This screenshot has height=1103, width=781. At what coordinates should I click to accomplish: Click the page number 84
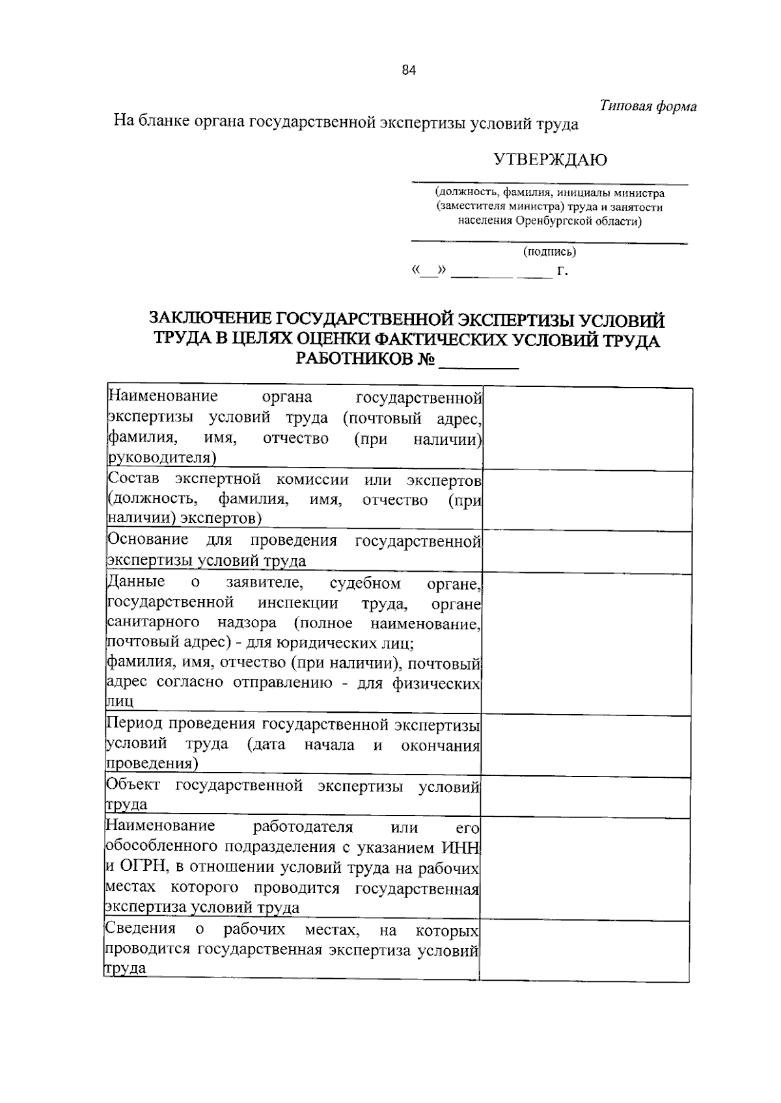408,72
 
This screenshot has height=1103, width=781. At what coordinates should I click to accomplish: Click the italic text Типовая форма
648,106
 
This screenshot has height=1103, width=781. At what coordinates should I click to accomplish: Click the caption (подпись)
549,252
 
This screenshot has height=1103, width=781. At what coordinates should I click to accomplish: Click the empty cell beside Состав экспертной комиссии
587,501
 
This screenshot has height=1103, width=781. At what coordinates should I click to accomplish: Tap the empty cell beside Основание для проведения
587,552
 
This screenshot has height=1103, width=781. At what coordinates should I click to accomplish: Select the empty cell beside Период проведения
586,746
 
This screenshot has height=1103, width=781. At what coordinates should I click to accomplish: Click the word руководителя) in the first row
161,458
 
